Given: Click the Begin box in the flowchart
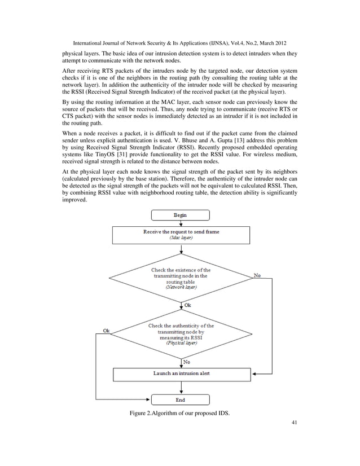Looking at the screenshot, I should pos(181,215).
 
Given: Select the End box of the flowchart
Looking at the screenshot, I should pos(181,400).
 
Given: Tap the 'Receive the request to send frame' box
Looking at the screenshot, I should pos(181,235).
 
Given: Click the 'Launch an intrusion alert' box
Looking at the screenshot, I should pos(181,373).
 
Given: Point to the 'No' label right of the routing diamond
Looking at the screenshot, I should pos(257,275).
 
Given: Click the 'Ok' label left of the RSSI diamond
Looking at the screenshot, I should pos(106,331).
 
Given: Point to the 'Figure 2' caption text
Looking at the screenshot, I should pos(180,417).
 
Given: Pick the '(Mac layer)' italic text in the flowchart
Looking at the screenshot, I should pos(181,238).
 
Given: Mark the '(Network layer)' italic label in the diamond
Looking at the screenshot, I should pos(181,287).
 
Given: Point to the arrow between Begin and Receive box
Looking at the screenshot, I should pos(181,223).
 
